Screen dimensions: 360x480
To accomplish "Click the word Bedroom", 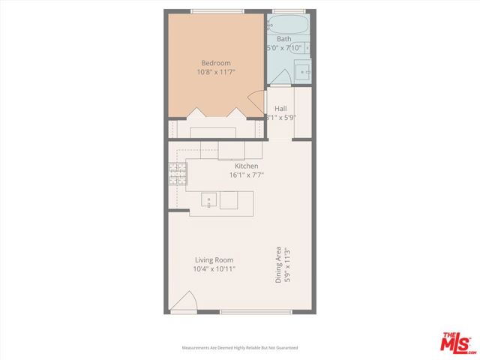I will (216, 63).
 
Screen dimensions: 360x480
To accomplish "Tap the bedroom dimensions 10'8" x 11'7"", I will (216, 73).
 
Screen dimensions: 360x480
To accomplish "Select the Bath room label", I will (283, 39).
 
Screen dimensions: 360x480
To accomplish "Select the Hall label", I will (280, 109).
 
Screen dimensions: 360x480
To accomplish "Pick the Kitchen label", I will (246, 166).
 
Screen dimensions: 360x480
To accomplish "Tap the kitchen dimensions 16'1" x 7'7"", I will (246, 175).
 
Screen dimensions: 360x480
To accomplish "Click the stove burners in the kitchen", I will (178, 175).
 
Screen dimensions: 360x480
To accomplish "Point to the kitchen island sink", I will (209, 200).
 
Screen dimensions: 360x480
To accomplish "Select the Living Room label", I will (214, 259).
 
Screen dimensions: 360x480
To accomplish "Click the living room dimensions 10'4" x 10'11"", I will (214, 269).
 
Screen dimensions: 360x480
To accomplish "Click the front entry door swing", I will (184, 303).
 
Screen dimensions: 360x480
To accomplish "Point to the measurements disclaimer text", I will (240, 348).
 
